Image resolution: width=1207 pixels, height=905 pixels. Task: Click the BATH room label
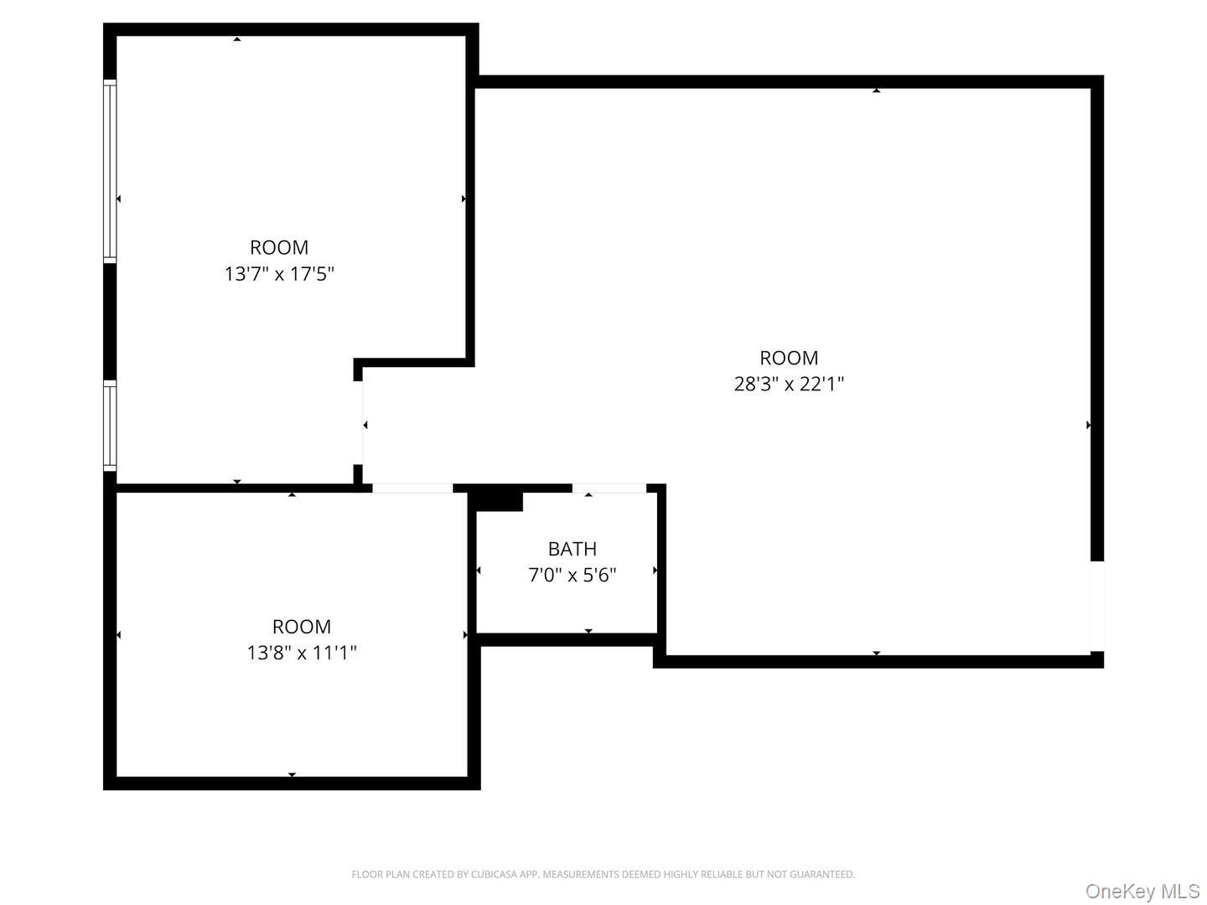[572, 549]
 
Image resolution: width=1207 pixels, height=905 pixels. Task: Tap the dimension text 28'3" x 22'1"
[789, 384]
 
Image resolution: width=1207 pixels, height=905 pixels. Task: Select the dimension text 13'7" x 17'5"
[279, 274]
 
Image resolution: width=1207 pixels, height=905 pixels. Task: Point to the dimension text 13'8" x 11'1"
[302, 653]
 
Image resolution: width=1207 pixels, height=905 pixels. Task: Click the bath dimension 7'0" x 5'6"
[572, 575]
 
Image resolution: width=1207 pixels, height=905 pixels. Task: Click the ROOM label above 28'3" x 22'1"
[789, 358]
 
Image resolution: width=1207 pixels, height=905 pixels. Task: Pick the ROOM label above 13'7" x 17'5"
[279, 247]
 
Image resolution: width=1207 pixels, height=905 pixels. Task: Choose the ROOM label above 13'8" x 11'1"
[302, 627]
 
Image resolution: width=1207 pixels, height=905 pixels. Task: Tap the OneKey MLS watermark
[1142, 891]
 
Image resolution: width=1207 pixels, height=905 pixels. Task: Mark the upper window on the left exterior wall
[110, 172]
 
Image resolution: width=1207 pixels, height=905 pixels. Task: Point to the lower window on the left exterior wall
[110, 426]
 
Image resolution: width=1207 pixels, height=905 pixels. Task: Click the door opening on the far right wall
[1097, 606]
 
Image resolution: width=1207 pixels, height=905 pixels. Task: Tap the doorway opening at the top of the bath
[609, 489]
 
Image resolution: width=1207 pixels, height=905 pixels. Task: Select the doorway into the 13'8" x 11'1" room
[412, 489]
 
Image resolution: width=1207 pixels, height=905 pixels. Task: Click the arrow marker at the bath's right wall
[655, 571]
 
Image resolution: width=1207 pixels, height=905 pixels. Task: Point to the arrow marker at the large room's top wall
[876, 90]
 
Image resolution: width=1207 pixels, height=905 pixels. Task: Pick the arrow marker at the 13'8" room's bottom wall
[292, 775]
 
